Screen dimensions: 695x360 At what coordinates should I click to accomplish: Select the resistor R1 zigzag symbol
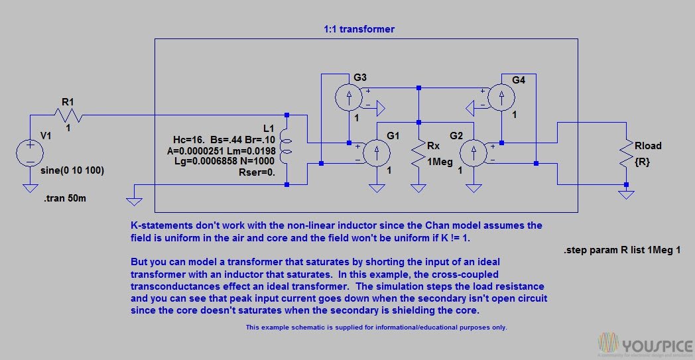[69, 116]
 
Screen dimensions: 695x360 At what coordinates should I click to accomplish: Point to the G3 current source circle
[348, 97]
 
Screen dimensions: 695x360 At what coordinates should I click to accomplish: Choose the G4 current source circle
[501, 97]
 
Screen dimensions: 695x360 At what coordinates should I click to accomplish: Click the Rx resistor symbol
[418, 153]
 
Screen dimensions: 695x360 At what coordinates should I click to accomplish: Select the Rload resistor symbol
[626, 153]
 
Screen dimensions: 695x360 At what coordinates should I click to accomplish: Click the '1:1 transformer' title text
[359, 29]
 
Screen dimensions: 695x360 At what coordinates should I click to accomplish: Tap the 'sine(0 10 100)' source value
[72, 170]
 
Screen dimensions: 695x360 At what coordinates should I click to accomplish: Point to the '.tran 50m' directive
[65, 199]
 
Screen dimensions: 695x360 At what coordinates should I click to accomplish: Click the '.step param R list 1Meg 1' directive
[622, 251]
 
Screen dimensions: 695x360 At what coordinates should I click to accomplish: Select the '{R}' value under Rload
[642, 162]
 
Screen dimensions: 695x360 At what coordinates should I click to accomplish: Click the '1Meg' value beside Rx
[440, 162]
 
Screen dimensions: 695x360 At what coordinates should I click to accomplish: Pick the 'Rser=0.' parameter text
[257, 172]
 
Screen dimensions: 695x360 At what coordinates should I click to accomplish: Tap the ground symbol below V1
[30, 188]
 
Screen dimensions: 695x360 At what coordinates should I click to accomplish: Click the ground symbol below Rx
[418, 188]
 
